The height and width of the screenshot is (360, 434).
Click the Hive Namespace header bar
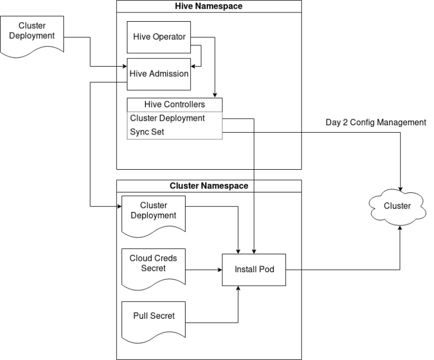tap(209, 7)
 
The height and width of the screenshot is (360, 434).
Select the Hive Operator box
tap(159, 37)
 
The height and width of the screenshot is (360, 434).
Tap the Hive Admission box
tap(159, 74)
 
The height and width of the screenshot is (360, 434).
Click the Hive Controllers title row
tap(174, 105)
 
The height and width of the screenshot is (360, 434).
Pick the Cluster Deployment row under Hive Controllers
tap(174, 118)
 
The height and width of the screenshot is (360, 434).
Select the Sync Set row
tap(174, 132)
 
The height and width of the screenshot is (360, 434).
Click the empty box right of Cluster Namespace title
tap(278, 186)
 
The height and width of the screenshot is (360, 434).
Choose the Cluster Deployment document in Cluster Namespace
tap(154, 213)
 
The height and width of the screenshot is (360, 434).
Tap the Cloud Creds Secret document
tap(154, 265)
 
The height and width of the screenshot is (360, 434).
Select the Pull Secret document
tap(154, 317)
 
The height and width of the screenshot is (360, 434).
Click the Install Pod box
tap(253, 269)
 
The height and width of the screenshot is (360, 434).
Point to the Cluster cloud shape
tap(397, 206)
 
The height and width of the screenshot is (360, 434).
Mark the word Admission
tap(169, 74)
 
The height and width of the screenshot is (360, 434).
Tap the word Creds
tap(165, 258)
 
